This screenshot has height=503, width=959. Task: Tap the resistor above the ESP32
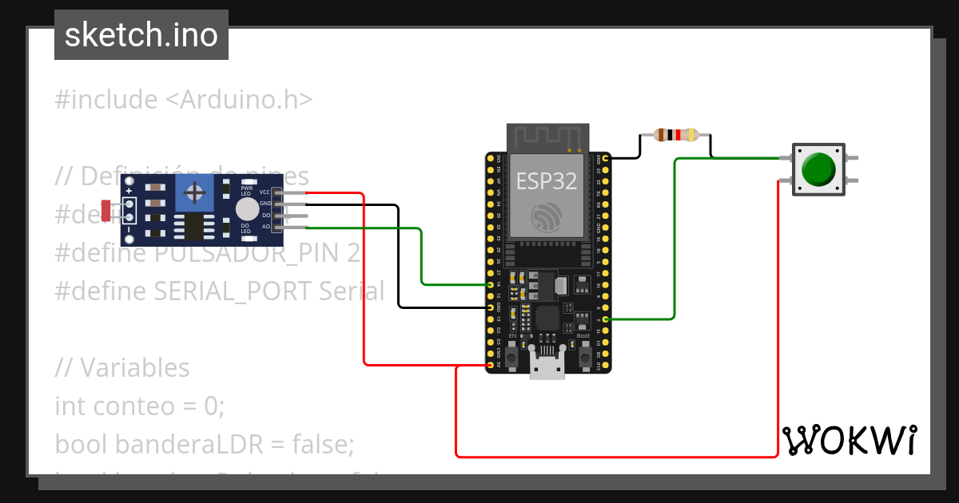click(x=676, y=135)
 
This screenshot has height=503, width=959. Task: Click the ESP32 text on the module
click(x=547, y=180)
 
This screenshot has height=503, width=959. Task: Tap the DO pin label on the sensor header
click(x=265, y=216)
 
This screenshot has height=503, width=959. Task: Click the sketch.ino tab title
click(x=141, y=35)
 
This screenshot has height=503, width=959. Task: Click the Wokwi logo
click(x=849, y=440)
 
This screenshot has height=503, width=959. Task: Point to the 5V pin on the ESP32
click(x=490, y=366)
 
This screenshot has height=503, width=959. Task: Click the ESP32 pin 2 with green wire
click(x=606, y=319)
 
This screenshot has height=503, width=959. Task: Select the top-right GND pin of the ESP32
click(x=606, y=158)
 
